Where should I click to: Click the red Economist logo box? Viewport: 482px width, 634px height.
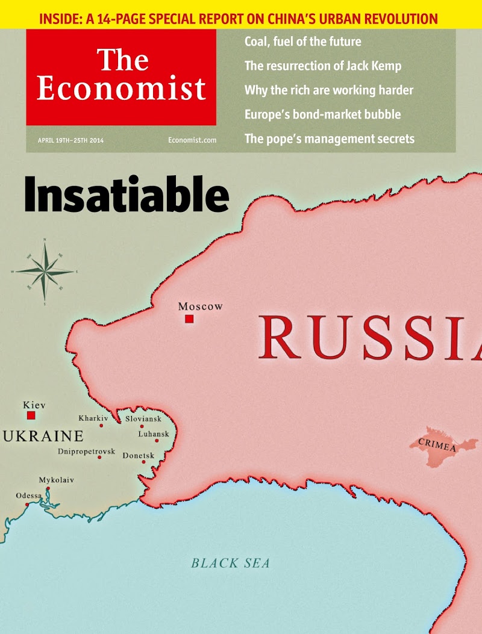point(120,77)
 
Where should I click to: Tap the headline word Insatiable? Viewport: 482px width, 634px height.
point(127,194)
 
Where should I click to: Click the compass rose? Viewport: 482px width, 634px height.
point(45,272)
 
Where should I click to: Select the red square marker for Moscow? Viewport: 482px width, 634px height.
point(189,319)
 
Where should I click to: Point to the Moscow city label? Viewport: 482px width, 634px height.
point(200,306)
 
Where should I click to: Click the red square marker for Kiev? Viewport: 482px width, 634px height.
point(31,415)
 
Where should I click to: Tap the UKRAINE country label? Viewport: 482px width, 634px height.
point(43,436)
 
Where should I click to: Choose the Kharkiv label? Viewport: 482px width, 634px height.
point(93,418)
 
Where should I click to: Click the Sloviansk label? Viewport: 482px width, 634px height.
point(143,418)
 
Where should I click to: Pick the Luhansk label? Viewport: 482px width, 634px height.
point(154,434)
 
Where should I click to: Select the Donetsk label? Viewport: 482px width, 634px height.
point(139,456)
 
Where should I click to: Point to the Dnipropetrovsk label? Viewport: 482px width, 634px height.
point(86,451)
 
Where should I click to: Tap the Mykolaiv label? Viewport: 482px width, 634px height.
point(57,480)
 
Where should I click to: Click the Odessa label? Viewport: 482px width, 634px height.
point(29,496)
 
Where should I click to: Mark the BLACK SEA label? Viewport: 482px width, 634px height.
point(230,564)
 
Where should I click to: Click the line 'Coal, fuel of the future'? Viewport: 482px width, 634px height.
point(302,42)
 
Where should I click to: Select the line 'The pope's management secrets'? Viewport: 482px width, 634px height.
point(329,138)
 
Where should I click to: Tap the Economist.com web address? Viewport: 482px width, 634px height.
point(192,140)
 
